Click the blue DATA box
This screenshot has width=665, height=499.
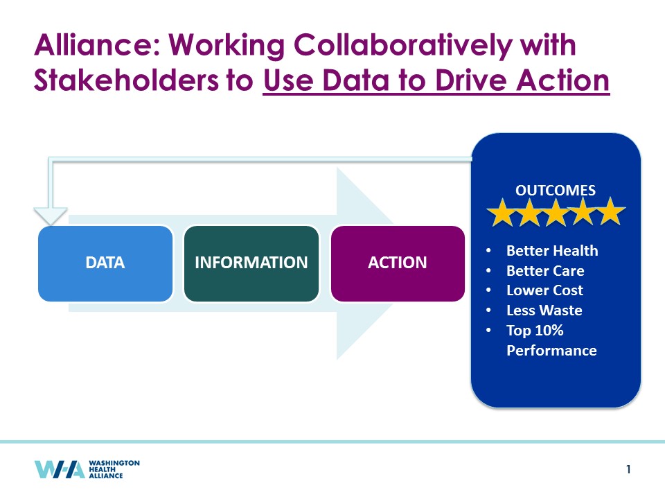(x=105, y=263)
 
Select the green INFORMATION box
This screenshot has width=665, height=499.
(x=251, y=263)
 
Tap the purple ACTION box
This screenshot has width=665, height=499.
(x=398, y=263)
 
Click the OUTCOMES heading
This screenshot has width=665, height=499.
(x=555, y=190)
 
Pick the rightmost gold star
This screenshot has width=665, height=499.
(x=610, y=211)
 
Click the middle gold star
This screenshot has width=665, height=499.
(x=556, y=212)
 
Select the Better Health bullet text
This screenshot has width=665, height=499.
(x=552, y=251)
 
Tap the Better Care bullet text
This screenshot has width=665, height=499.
(x=545, y=271)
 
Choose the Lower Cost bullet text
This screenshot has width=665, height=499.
(x=544, y=290)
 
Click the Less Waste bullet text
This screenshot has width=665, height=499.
(x=544, y=310)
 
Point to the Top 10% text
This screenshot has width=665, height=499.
(x=535, y=330)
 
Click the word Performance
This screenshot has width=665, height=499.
(x=551, y=351)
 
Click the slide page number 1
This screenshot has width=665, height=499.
(x=628, y=469)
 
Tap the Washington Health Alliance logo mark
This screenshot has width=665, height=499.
(x=60, y=469)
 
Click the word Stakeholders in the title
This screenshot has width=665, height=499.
(x=126, y=80)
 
